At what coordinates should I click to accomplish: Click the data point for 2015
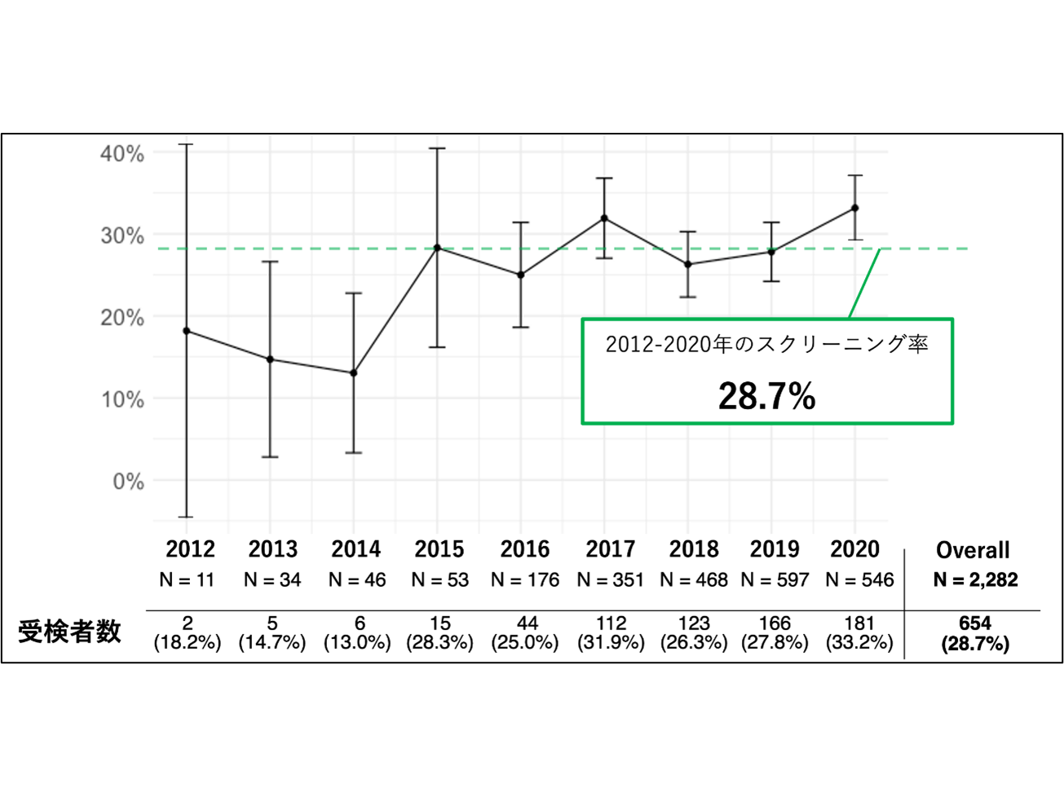click(x=437, y=247)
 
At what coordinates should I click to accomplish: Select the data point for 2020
click(x=854, y=208)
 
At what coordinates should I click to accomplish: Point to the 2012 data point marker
click(x=187, y=331)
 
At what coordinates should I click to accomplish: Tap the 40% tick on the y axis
click(x=122, y=153)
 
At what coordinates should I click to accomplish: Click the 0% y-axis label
click(x=128, y=482)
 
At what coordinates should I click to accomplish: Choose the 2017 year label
click(x=610, y=549)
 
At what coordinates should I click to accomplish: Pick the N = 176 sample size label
click(x=525, y=580)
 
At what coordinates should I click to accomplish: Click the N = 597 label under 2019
click(x=775, y=580)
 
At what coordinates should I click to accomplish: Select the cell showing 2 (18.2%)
click(x=188, y=633)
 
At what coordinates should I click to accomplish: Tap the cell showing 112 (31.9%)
click(x=611, y=633)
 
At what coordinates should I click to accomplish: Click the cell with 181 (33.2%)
click(x=859, y=633)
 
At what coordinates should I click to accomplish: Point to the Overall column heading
click(x=973, y=550)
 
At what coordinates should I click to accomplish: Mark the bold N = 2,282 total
click(x=975, y=580)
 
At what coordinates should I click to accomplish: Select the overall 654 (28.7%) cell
click(x=975, y=633)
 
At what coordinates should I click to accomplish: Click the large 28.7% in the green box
click(x=766, y=397)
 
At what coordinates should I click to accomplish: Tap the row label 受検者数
click(x=70, y=632)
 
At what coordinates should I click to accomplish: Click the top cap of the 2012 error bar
click(x=187, y=144)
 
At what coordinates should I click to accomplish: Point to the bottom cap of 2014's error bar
click(x=354, y=452)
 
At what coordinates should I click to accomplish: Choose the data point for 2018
click(x=688, y=264)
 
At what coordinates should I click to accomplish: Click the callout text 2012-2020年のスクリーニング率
click(x=766, y=344)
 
